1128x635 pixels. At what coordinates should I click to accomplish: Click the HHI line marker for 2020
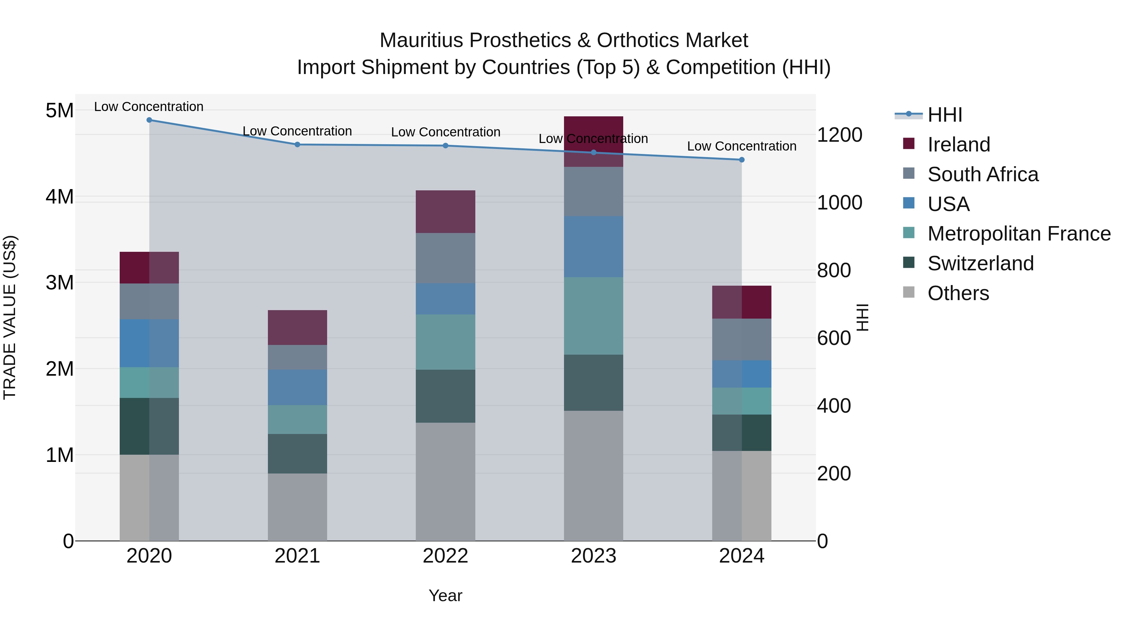point(149,120)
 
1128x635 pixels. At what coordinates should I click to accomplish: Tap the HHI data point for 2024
point(742,160)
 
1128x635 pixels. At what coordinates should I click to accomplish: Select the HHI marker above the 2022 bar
point(446,146)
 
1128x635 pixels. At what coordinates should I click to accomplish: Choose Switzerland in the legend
point(980,263)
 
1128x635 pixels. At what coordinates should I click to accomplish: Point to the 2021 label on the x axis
point(297,556)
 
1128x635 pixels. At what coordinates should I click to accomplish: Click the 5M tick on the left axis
point(60,110)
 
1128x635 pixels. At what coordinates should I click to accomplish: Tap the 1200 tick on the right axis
point(839,135)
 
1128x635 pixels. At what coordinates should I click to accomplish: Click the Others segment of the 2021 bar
point(297,507)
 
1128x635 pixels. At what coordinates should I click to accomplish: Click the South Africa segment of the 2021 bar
point(297,357)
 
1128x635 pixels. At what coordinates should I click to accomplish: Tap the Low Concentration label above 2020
point(149,107)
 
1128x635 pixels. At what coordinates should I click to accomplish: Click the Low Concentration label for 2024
point(741,146)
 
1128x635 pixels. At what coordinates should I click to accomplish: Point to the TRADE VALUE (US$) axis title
point(10,317)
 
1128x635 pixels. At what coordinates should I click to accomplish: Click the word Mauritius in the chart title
point(421,41)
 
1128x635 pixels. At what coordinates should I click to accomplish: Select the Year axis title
point(445,595)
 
